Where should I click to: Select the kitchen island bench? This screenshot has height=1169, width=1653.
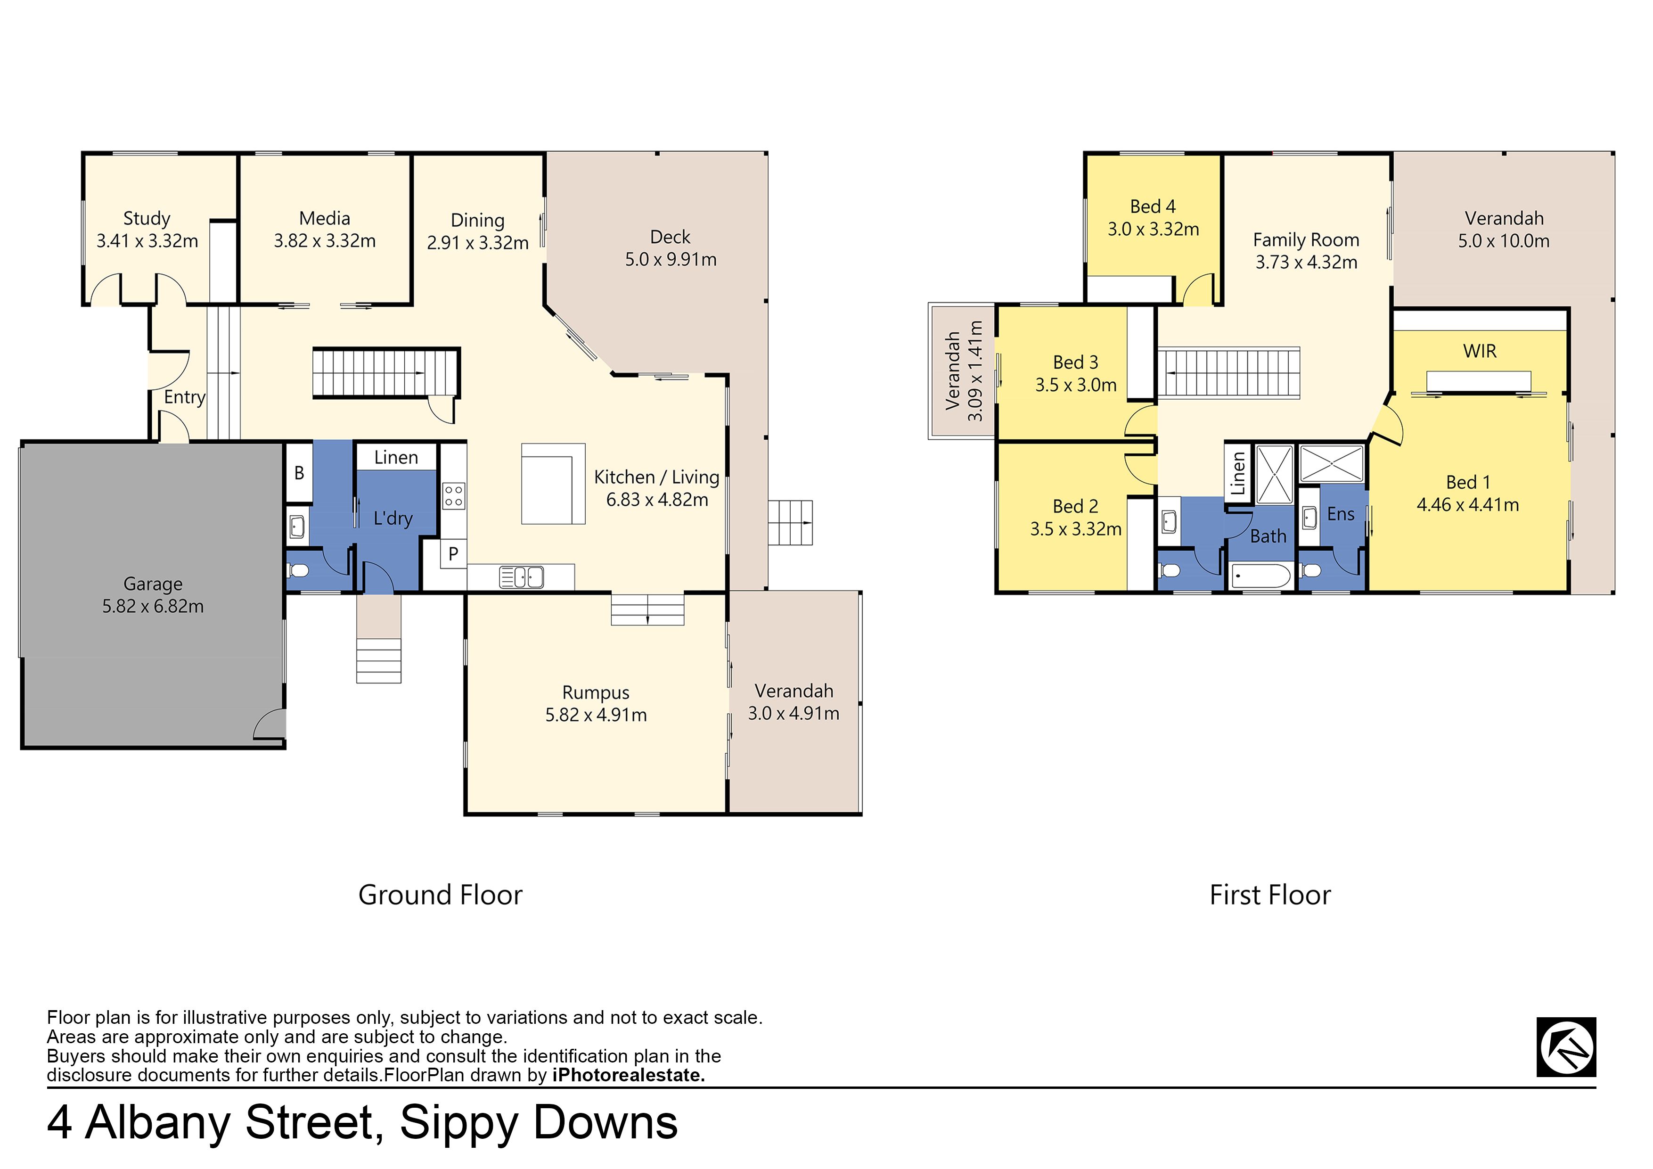tap(553, 483)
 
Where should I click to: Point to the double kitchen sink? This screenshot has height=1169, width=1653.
tap(521, 577)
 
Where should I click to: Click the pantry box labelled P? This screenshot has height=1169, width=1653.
tap(454, 554)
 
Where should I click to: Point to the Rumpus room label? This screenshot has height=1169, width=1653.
tap(596, 692)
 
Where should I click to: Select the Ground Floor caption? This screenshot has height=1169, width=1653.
tap(440, 895)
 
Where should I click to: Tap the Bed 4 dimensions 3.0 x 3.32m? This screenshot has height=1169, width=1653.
tap(1154, 229)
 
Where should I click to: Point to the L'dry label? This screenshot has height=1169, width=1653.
tap(393, 518)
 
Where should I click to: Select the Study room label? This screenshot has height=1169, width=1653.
tap(147, 218)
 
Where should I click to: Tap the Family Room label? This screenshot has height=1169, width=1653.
tap(1306, 240)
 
